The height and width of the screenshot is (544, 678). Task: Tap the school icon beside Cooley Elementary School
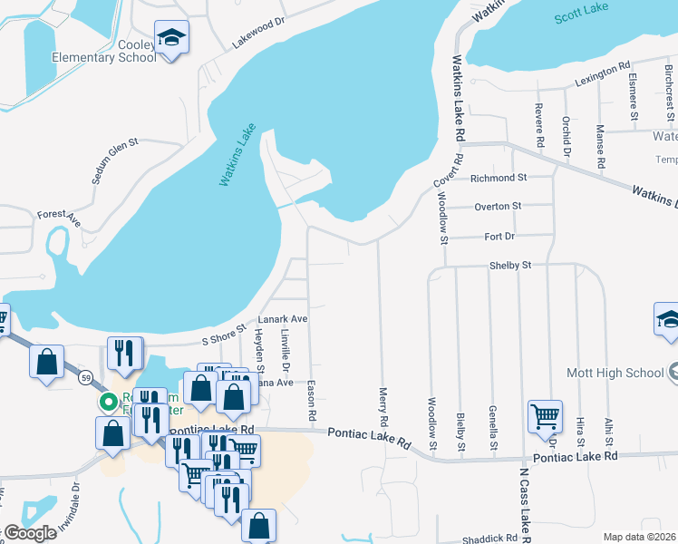pyautogui.click(x=171, y=38)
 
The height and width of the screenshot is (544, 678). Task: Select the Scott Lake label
pyautogui.click(x=581, y=15)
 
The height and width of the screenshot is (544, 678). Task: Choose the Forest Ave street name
pyautogui.click(x=59, y=219)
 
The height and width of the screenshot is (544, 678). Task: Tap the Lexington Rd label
pyautogui.click(x=601, y=75)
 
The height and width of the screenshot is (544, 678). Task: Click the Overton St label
pyautogui.click(x=498, y=206)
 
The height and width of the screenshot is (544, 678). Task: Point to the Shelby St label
pyautogui.click(x=509, y=265)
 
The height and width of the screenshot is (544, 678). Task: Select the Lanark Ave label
pyautogui.click(x=284, y=319)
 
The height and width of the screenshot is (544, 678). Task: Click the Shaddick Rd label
pyautogui.click(x=489, y=538)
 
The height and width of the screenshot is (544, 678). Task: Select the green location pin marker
pyautogui.click(x=108, y=402)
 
